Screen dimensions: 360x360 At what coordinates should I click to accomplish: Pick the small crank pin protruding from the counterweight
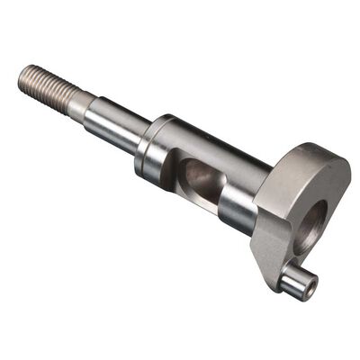[x=297, y=283]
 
